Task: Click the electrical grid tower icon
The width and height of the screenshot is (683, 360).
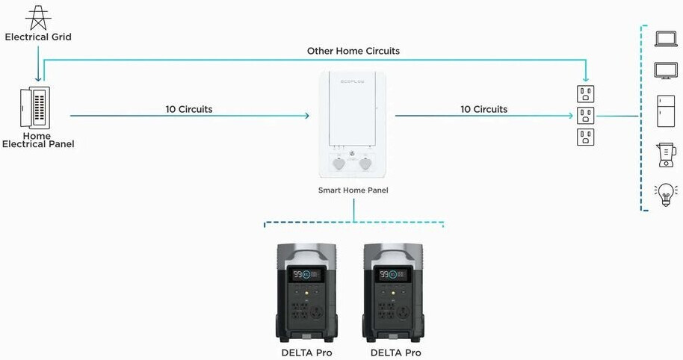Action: (x=38, y=16)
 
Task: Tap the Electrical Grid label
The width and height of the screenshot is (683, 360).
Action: (x=38, y=37)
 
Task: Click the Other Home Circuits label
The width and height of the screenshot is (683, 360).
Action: (x=353, y=51)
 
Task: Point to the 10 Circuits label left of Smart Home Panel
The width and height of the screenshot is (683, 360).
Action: (x=189, y=109)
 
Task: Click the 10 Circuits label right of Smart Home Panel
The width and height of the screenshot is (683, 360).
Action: (x=483, y=109)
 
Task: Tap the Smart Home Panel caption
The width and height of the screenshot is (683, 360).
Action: (x=353, y=190)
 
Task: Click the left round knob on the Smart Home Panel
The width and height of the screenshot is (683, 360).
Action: (x=340, y=163)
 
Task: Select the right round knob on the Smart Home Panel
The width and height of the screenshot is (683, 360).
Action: (x=365, y=163)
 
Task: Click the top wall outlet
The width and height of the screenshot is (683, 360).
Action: (x=586, y=93)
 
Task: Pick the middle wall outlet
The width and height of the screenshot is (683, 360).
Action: (x=586, y=116)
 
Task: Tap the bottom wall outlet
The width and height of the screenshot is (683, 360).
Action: (x=586, y=137)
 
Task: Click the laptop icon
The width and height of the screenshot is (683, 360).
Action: (x=665, y=39)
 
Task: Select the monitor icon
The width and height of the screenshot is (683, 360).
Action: (x=665, y=72)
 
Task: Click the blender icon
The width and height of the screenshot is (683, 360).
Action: (x=665, y=155)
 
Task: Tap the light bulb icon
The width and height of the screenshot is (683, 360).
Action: (x=665, y=195)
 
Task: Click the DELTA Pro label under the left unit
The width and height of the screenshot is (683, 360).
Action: (x=306, y=353)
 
